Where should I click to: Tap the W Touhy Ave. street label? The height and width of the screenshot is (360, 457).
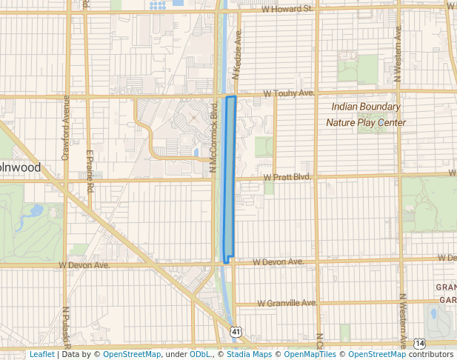pyautogui.click(x=289, y=94)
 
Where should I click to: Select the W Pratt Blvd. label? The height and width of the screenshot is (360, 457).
pyautogui.click(x=287, y=178)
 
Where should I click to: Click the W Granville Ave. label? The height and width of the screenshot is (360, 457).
pyautogui.click(x=287, y=303)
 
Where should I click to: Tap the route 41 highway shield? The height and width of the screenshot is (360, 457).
pyautogui.click(x=235, y=331)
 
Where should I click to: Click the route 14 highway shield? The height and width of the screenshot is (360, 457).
pyautogui.click(x=419, y=344)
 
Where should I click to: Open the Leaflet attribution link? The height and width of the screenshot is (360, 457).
pyautogui.click(x=41, y=355)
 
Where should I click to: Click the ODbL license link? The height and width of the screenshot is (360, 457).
pyautogui.click(x=199, y=355)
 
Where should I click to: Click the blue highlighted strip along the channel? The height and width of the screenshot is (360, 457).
pyautogui.click(x=230, y=178)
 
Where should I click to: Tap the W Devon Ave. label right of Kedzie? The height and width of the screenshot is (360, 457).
pyautogui.click(x=278, y=262)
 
